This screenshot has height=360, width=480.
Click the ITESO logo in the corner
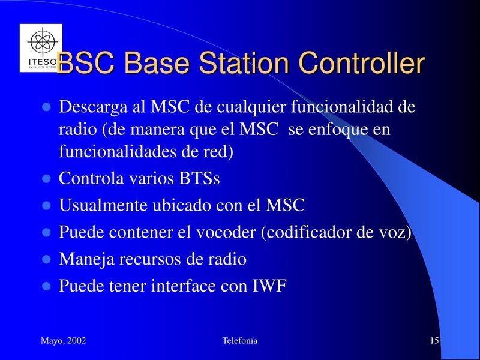41,48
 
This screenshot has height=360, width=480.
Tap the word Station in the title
244,63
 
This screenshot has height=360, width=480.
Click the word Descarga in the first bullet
93,107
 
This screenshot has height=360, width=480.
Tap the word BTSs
200,178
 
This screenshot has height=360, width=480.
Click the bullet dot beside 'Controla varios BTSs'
46,178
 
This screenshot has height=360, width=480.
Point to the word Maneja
86,260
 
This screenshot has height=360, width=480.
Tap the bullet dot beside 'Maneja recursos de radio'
46,259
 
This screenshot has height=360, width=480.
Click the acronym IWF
269,286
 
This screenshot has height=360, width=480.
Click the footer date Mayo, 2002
64,341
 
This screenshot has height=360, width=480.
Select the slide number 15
434,340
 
